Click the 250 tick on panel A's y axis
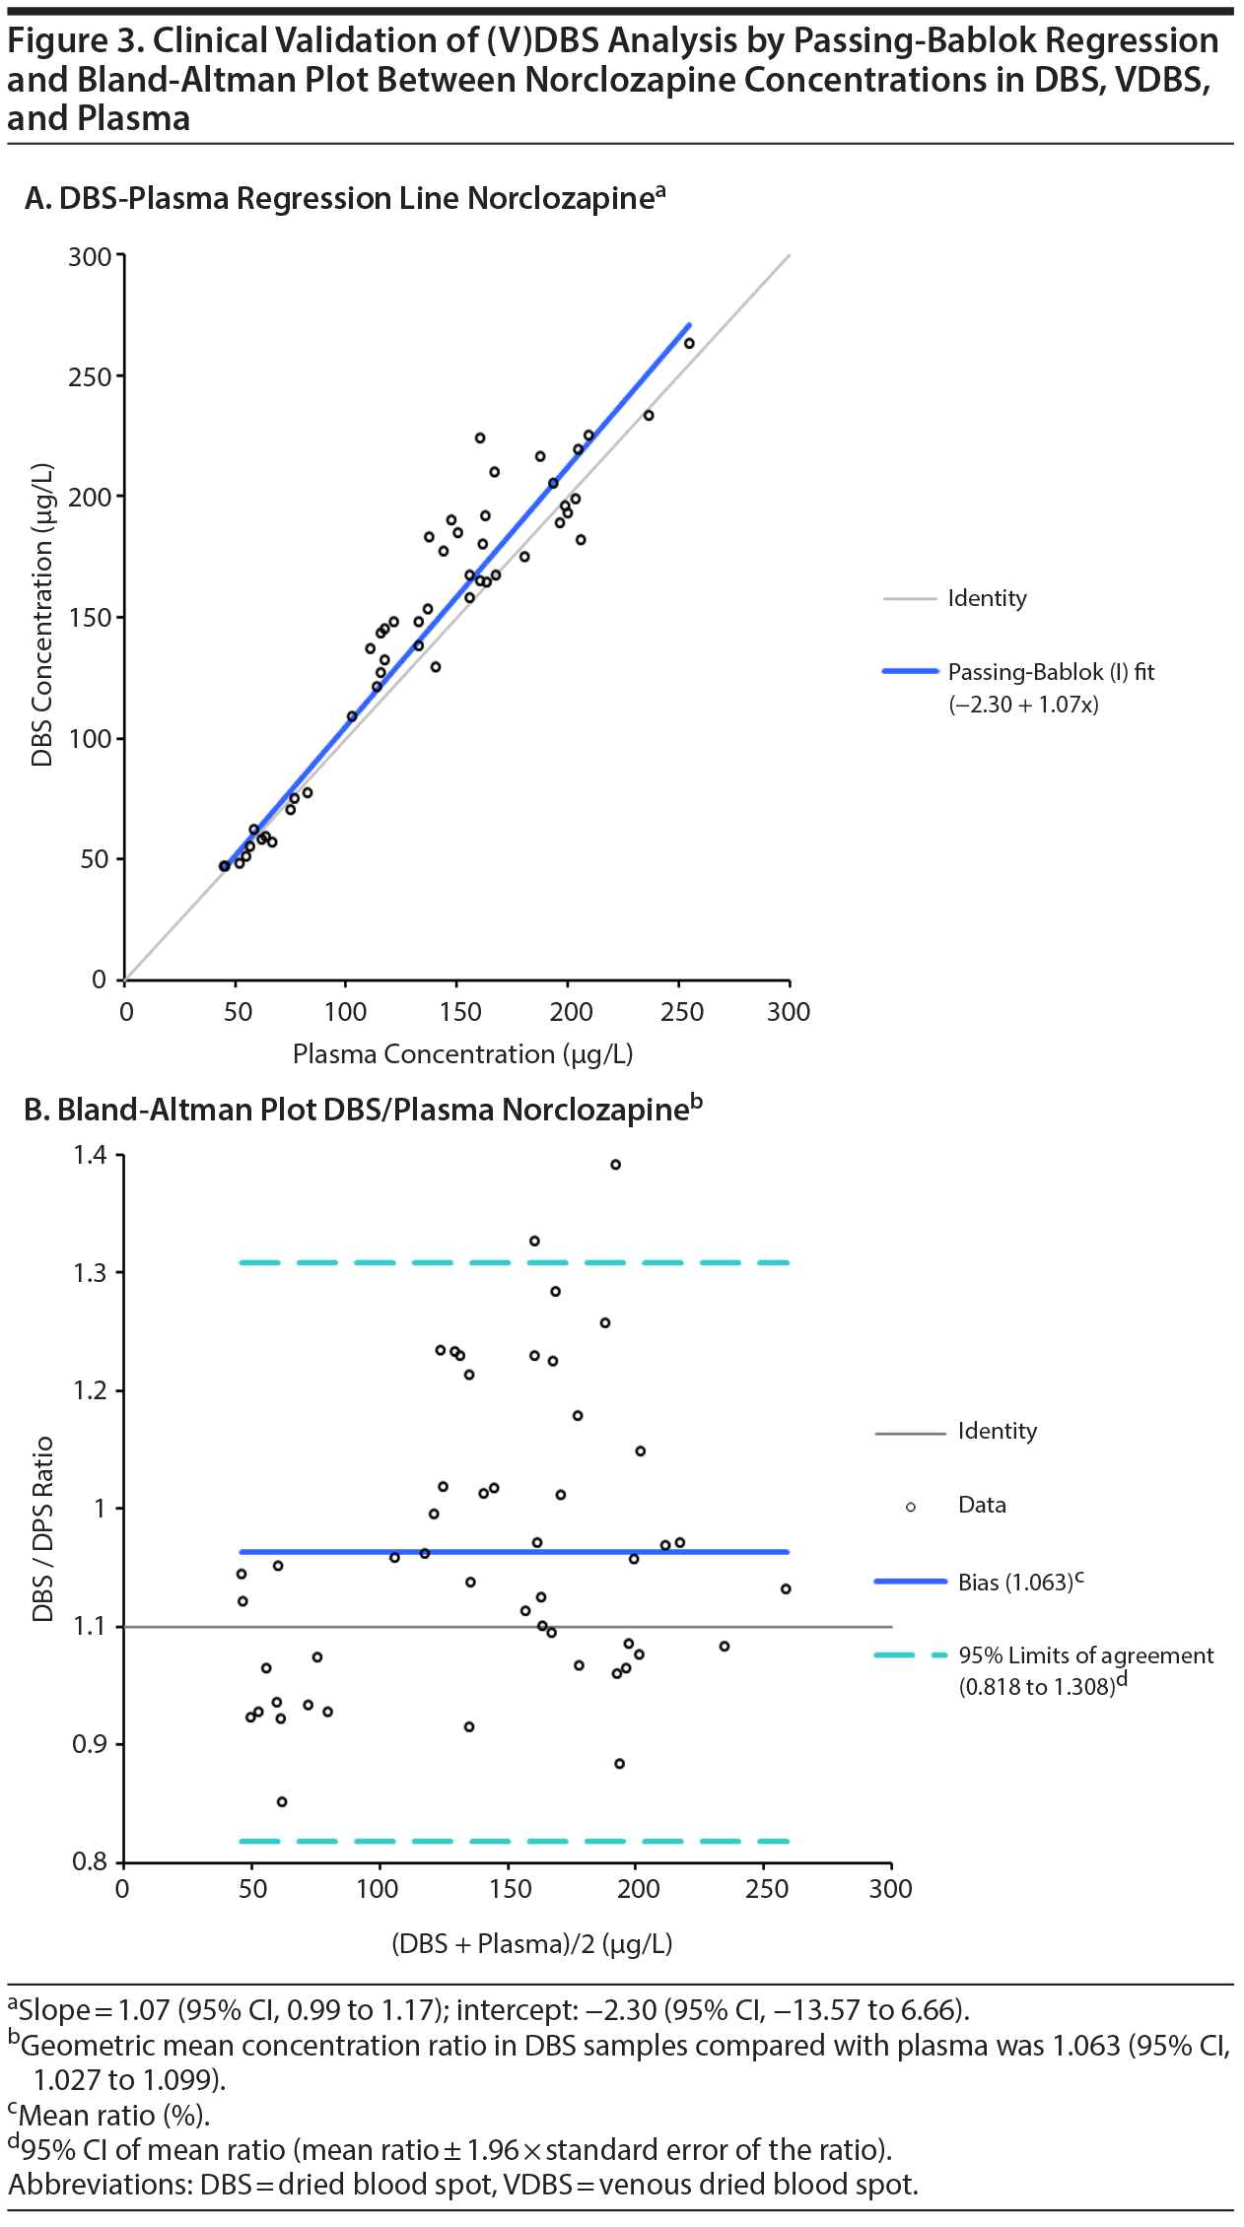tap(90, 376)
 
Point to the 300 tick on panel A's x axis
tap(789, 1012)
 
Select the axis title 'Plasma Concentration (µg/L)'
tap(462, 1054)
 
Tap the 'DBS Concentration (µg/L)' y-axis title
tap(41, 616)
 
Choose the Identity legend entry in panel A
tap(987, 598)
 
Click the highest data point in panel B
tap(615, 1165)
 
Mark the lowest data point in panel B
tap(282, 1801)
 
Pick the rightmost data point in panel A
tap(689, 344)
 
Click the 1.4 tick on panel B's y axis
tap(91, 1155)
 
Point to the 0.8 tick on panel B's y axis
tap(91, 1861)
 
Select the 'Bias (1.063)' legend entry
tap(1015, 1582)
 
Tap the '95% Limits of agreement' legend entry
tap(1085, 1655)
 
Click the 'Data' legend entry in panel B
tap(982, 1505)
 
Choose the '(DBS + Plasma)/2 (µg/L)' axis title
tap(532, 1944)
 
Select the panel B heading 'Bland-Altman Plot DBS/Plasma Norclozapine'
tap(373, 1110)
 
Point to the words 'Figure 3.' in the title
tap(75, 40)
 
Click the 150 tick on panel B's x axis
tap(510, 1889)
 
